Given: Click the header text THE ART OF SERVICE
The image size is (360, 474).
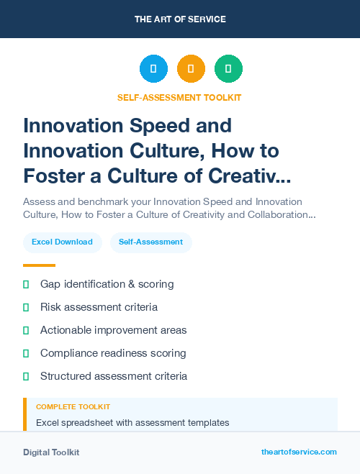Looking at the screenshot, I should point(180,19).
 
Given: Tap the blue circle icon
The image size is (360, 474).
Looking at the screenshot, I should point(153,69).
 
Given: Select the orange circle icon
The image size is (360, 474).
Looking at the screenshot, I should point(191,69).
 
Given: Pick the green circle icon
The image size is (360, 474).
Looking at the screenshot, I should point(228,69).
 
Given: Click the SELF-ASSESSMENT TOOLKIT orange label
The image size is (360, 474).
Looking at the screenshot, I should point(179,97).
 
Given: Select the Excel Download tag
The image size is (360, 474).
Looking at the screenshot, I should point(62,242).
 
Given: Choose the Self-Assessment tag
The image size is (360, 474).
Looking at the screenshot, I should point(150,242).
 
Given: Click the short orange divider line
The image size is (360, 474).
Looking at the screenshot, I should point(39,265).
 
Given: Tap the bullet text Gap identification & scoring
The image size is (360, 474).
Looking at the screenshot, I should point(107,284).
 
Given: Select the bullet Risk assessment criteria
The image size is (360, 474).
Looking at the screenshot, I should point(99,307).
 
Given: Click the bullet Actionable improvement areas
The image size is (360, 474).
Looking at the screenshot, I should point(113,330).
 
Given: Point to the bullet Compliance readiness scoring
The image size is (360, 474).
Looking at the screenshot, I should point(113,353).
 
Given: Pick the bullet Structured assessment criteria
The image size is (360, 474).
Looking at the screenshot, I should point(114,376).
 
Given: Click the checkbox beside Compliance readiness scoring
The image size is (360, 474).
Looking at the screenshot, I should point(26,353).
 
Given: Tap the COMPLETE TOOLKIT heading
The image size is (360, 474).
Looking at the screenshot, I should point(73,407).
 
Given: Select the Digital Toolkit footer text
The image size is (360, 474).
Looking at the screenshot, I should point(51,452).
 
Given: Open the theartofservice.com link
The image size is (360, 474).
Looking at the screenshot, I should point(299,452).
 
